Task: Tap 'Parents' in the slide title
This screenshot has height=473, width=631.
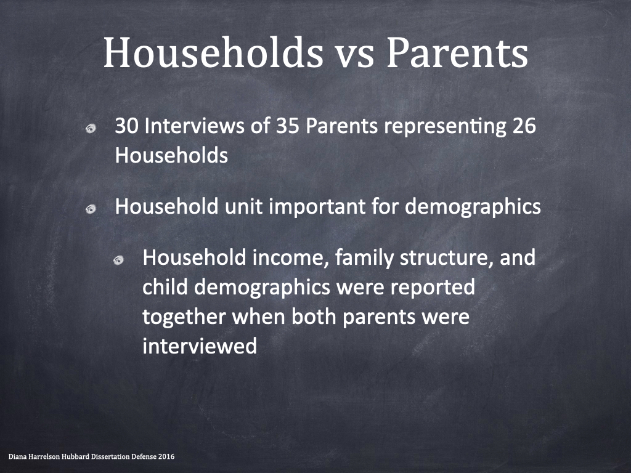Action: (x=457, y=52)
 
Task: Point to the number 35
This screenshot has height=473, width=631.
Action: (x=288, y=126)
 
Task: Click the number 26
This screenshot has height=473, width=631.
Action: (x=524, y=126)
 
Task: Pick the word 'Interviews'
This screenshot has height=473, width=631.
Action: (x=194, y=126)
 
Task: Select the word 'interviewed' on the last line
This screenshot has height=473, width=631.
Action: (x=200, y=346)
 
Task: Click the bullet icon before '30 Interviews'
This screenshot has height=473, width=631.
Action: (x=91, y=128)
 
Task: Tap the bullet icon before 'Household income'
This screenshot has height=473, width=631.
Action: (x=118, y=261)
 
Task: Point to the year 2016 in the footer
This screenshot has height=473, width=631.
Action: (x=166, y=456)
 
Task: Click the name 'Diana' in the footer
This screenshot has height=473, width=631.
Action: (x=16, y=456)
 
